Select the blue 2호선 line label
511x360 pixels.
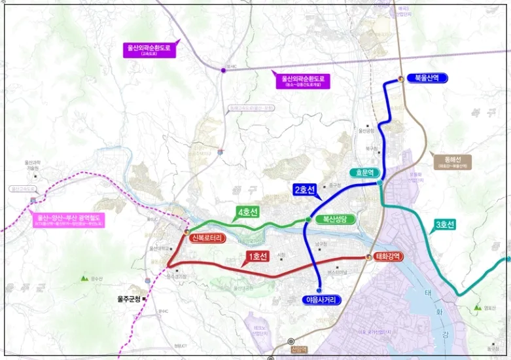(305, 190)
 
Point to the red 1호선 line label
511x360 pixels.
(257, 257)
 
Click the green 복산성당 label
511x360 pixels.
(334, 219)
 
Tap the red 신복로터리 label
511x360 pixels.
(208, 238)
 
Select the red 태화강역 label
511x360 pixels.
(391, 256)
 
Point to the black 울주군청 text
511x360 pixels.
(128, 299)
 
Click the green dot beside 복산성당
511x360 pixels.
(308, 220)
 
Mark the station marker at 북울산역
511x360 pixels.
(401, 79)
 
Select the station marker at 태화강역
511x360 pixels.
(368, 257)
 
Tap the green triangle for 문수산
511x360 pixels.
(84, 279)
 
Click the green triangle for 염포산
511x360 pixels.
(476, 304)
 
